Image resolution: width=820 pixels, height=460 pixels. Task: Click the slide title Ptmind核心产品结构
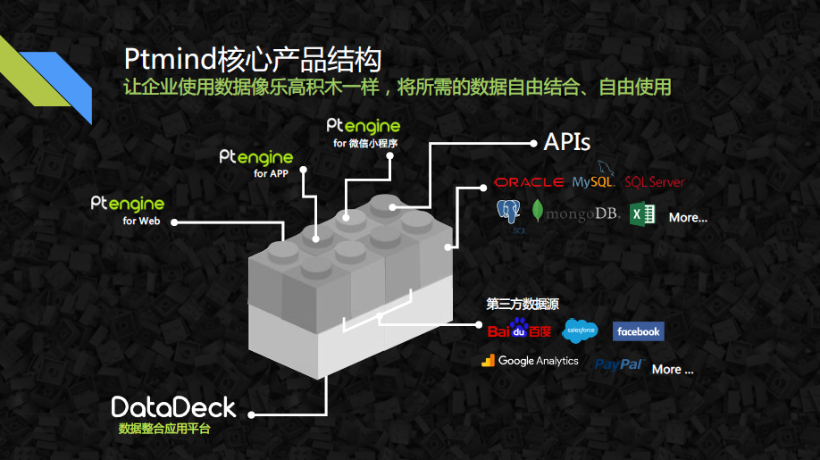tap(253, 60)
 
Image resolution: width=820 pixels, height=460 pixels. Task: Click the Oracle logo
tap(529, 182)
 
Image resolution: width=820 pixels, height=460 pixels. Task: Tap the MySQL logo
tap(594, 180)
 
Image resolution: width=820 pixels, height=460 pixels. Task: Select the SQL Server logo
tap(654, 182)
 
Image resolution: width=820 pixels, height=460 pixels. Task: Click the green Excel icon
tap(642, 214)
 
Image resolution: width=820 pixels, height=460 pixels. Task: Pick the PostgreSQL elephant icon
tap(509, 213)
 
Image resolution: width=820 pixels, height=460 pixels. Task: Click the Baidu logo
tap(519, 330)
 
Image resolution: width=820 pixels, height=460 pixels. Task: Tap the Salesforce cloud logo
tap(581, 330)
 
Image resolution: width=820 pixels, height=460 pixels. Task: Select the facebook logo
tap(639, 331)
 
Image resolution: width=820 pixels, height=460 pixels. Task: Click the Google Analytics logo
tap(531, 361)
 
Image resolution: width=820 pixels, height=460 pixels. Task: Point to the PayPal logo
tap(619, 364)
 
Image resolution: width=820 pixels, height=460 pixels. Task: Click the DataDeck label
tap(174, 407)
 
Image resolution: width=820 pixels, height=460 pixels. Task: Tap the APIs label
tap(567, 142)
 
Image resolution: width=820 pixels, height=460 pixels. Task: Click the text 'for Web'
tap(141, 221)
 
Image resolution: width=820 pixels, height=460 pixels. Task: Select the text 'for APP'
tap(272, 173)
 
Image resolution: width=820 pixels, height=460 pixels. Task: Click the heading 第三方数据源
tap(523, 304)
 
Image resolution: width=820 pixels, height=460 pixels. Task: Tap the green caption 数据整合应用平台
tap(164, 429)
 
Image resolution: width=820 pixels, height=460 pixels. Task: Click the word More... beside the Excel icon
tap(688, 217)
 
